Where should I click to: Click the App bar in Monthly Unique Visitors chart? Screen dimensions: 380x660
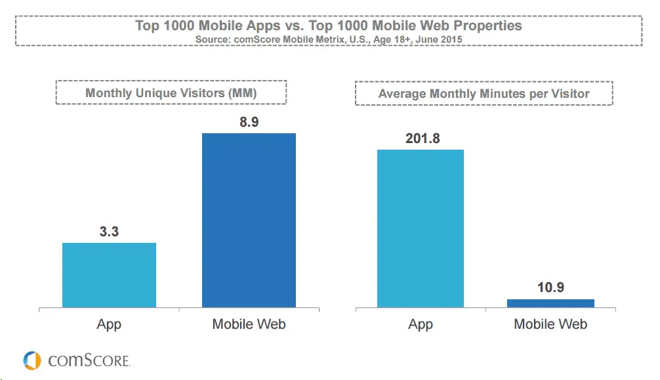click(x=109, y=275)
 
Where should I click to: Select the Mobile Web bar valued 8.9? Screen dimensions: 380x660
click(x=249, y=220)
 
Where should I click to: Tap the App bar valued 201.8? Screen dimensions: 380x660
click(x=420, y=228)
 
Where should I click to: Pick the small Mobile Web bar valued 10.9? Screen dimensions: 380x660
click(x=550, y=303)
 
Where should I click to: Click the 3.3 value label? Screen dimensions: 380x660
click(x=109, y=231)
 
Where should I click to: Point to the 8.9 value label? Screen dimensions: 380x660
click(x=249, y=121)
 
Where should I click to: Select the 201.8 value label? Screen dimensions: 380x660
click(x=421, y=138)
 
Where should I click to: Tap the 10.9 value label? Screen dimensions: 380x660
click(x=550, y=287)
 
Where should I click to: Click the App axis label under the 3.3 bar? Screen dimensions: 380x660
click(x=109, y=324)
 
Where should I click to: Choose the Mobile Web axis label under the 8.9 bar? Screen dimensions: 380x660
click(x=249, y=324)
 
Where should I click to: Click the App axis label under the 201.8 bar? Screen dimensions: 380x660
click(x=421, y=324)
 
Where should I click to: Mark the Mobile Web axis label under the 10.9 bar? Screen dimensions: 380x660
click(x=550, y=324)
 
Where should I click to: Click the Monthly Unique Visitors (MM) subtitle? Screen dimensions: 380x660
click(x=171, y=93)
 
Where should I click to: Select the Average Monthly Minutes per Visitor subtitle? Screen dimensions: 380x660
click(x=484, y=94)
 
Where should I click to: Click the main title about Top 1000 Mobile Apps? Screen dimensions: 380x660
click(x=329, y=26)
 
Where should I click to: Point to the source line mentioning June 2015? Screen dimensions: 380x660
click(x=329, y=39)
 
